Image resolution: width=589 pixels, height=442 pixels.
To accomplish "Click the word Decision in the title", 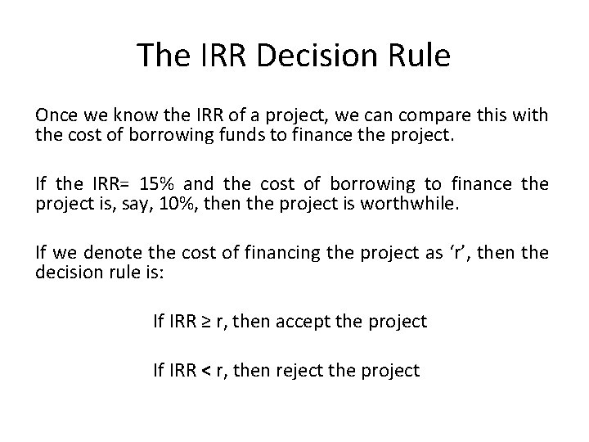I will click(313, 55).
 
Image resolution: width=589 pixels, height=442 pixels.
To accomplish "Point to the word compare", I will click(442, 116).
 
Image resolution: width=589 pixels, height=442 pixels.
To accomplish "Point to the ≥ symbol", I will click(209, 321).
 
